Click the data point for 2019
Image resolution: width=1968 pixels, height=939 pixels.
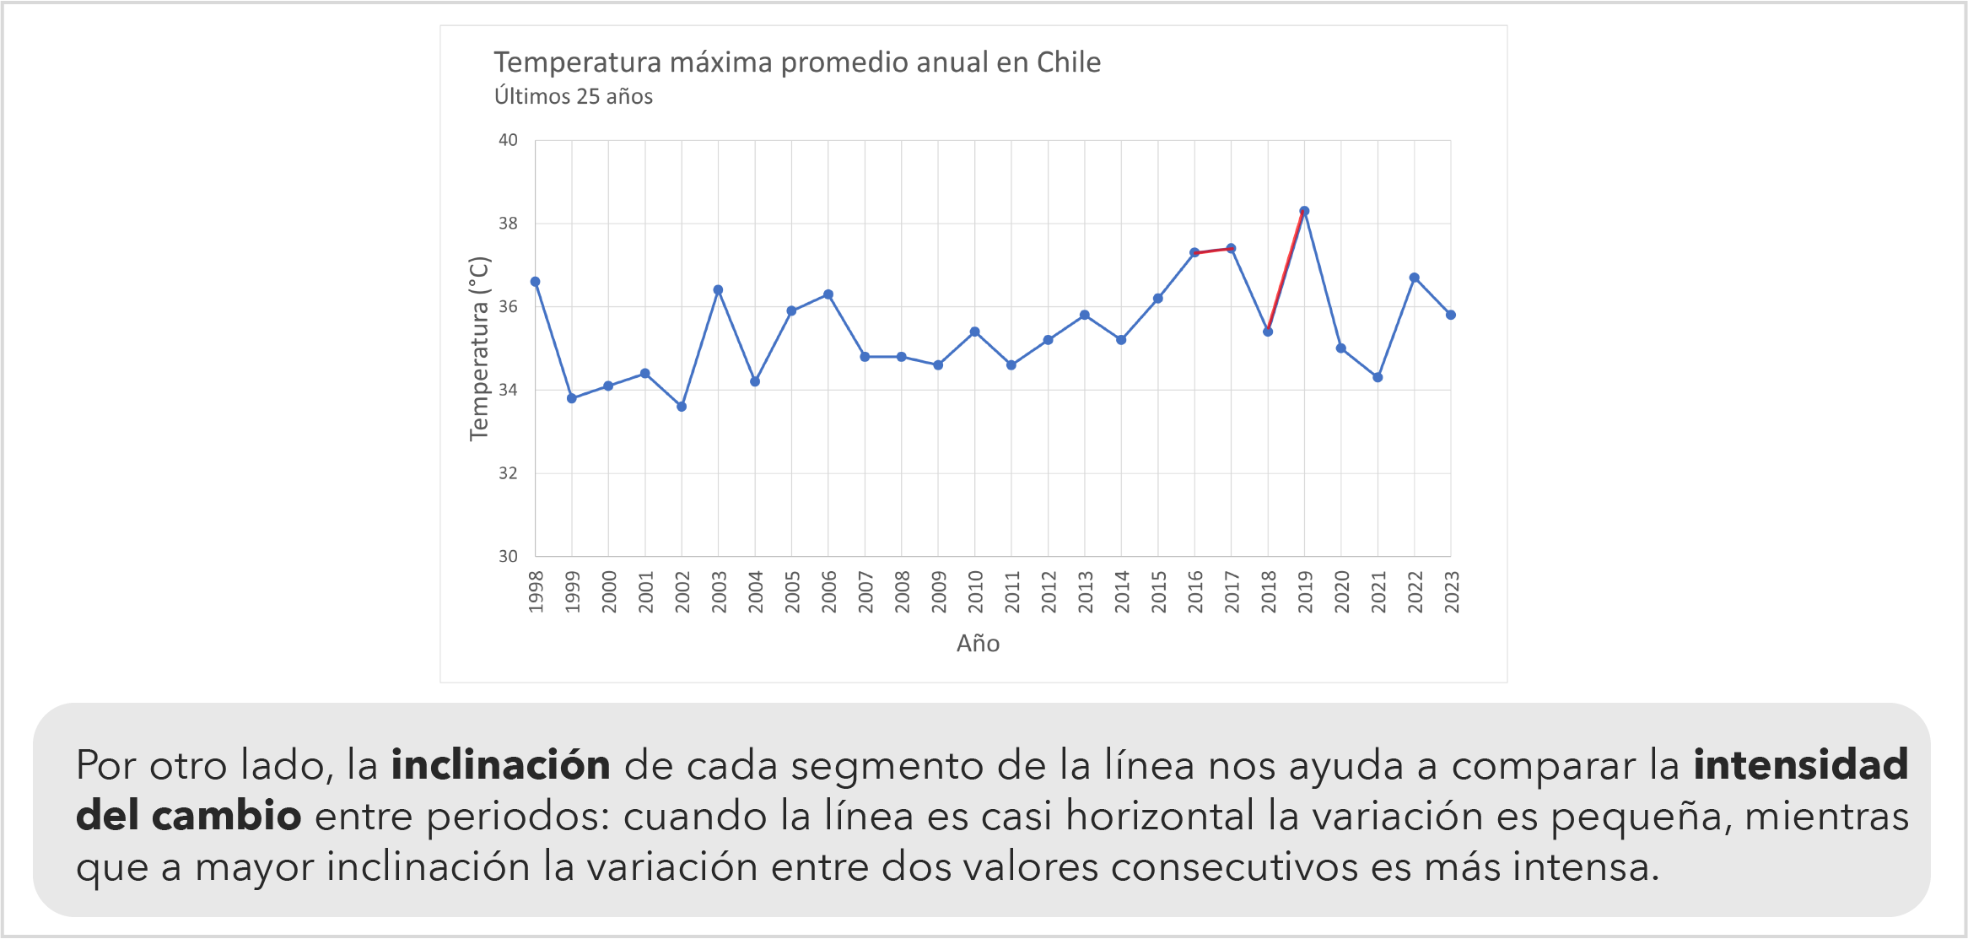click(x=1304, y=211)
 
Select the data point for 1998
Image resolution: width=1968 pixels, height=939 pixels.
click(x=535, y=282)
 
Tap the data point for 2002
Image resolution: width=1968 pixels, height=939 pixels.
click(x=682, y=407)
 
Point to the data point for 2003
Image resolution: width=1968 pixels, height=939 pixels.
click(x=718, y=290)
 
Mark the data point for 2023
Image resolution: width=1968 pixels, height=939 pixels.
click(x=1451, y=315)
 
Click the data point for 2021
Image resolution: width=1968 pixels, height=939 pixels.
click(x=1378, y=377)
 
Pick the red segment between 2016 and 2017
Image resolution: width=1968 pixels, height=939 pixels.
click(x=1213, y=251)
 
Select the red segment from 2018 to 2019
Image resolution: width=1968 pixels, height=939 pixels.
click(x=1286, y=271)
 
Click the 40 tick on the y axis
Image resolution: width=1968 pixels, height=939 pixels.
click(x=508, y=140)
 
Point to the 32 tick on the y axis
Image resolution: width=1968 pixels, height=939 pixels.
click(x=508, y=473)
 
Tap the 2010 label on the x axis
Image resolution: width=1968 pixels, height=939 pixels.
click(x=975, y=591)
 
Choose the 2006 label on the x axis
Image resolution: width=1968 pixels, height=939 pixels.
click(x=828, y=591)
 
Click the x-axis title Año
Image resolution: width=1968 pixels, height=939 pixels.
click(x=978, y=644)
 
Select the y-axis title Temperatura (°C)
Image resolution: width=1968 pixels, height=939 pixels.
click(x=479, y=348)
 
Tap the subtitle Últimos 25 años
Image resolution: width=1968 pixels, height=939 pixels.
click(x=574, y=97)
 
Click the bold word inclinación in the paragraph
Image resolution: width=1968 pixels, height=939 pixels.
click(x=500, y=765)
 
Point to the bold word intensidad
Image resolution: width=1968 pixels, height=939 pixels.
click(x=1800, y=765)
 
